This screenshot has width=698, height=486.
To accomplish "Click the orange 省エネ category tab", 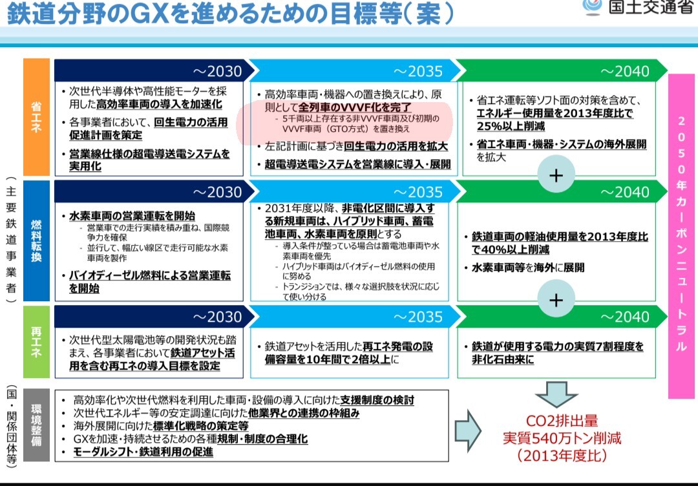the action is (x=36, y=117).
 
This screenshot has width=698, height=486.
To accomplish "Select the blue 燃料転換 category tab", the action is (x=36, y=241).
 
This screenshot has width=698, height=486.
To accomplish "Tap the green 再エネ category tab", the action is (x=36, y=342).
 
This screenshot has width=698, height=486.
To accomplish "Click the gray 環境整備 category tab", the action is (x=36, y=425).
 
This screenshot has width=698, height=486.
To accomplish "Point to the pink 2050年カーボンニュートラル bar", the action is (x=681, y=235).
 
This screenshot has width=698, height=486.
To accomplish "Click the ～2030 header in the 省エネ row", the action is (x=154, y=70).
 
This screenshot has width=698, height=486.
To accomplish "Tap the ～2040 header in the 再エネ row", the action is (x=561, y=317).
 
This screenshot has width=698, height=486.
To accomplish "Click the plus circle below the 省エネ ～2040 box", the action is (x=556, y=175).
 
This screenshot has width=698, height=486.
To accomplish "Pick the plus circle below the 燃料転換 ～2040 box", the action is (x=556, y=299).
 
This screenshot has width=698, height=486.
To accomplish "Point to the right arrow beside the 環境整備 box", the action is (x=468, y=430).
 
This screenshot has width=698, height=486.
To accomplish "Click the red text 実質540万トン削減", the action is (x=562, y=438).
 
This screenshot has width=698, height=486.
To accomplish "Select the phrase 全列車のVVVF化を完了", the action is (x=355, y=107).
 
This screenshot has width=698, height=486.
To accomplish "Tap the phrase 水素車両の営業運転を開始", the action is (x=132, y=216).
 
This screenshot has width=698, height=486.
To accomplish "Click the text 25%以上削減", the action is (x=511, y=126).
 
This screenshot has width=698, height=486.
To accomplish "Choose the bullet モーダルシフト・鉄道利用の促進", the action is (x=143, y=452).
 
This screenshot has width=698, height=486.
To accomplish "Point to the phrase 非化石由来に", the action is (x=503, y=359).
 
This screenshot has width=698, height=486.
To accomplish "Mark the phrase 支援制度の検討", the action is (x=377, y=400).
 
